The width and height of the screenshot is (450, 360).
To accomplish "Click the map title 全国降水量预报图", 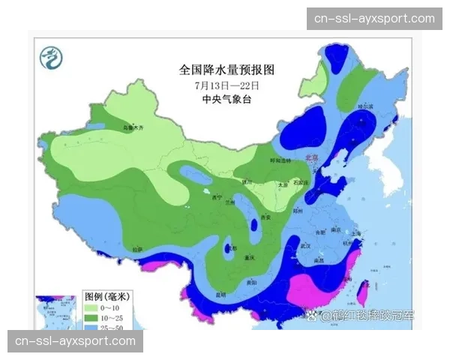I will (x=227, y=70).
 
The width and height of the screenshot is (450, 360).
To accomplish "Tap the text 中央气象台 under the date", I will (x=227, y=99).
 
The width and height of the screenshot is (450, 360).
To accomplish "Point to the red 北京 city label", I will (x=311, y=158).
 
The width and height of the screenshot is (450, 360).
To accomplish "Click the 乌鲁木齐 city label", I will (x=131, y=128).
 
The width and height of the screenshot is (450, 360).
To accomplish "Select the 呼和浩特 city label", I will (x=278, y=160).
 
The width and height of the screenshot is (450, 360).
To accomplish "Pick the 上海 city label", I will (x=355, y=235).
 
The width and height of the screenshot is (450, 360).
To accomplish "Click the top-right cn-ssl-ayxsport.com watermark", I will (x=374, y=18).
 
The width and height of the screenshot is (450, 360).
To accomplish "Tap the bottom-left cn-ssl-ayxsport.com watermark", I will (x=75, y=341).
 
